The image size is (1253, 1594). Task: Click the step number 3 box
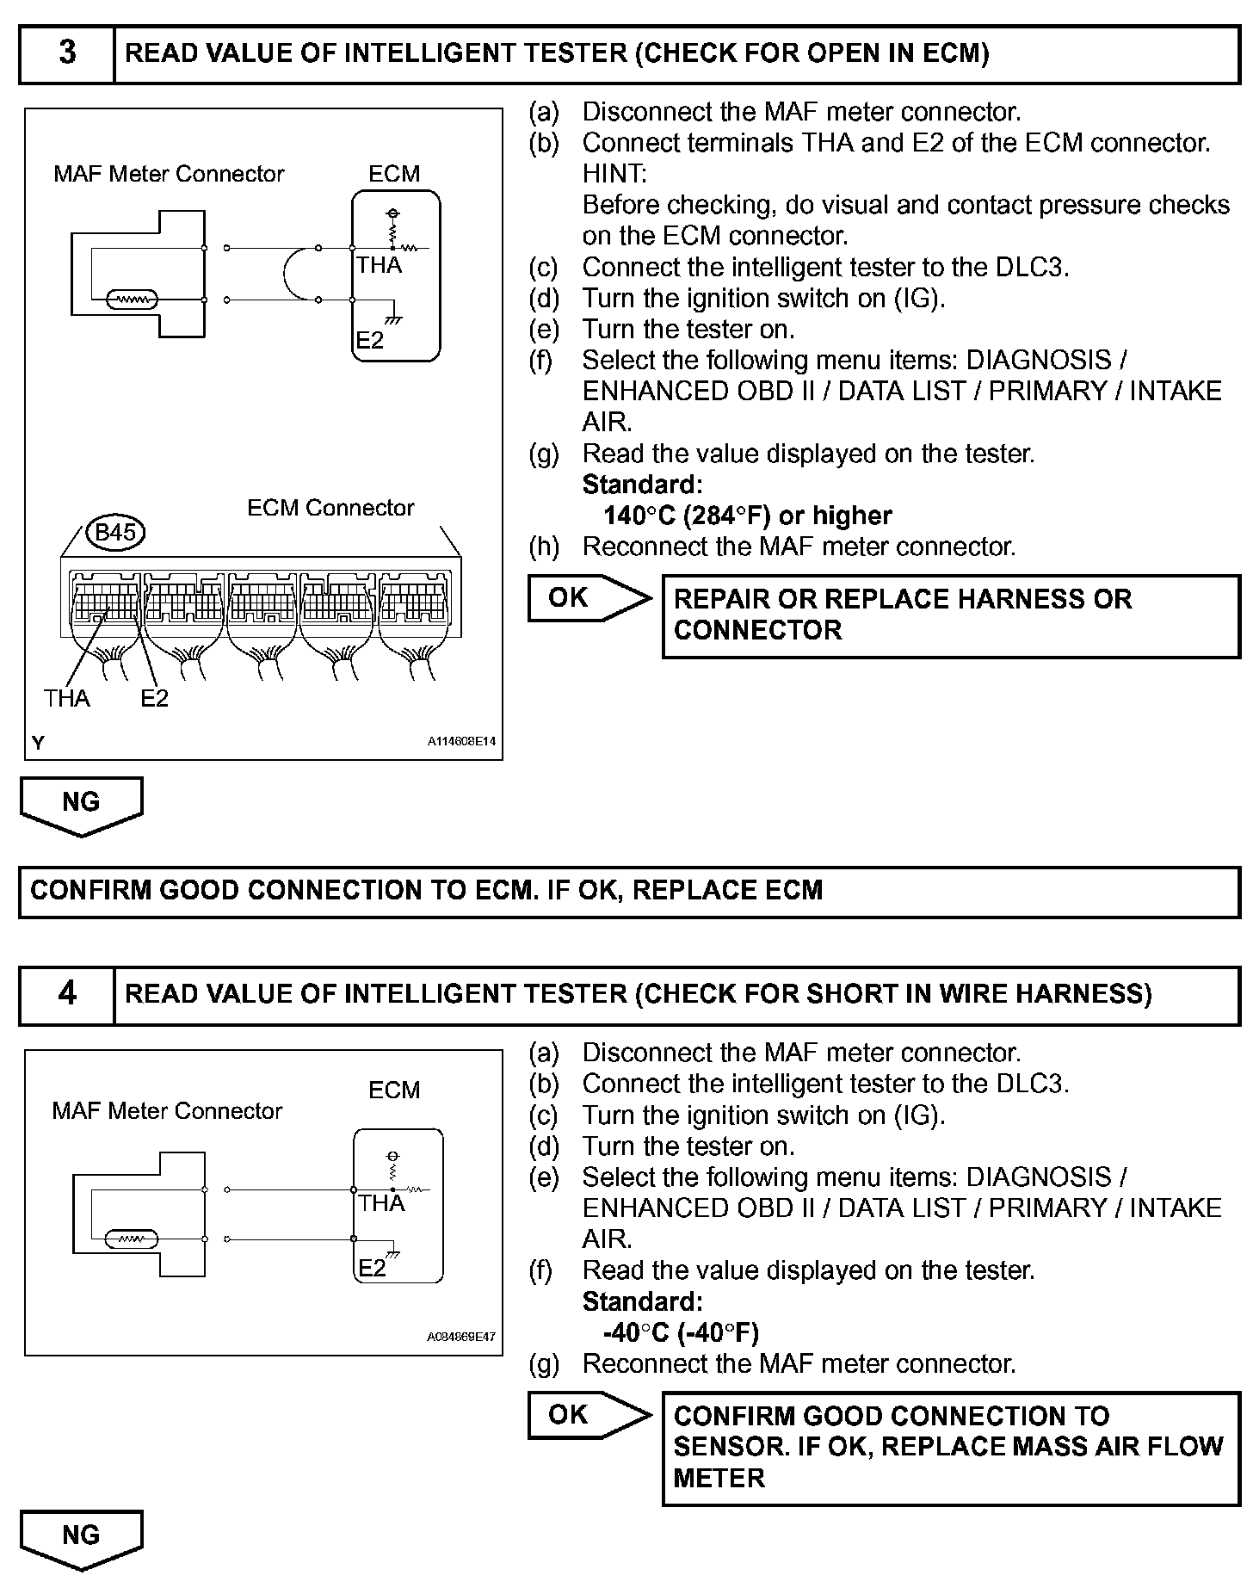[67, 53]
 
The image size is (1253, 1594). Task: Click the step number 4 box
[67, 994]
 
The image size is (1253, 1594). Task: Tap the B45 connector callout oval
[115, 533]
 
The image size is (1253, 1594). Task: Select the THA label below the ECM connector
[67, 698]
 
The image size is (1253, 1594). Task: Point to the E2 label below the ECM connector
[155, 698]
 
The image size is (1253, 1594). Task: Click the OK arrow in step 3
[589, 597]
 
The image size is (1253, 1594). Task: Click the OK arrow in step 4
[589, 1414]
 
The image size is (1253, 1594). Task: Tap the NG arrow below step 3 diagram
[81, 805]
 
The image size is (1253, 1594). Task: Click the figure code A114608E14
[461, 741]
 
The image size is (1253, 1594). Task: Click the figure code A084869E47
[461, 1338]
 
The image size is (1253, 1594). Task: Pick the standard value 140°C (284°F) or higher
[747, 516]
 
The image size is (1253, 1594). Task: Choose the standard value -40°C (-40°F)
[681, 1332]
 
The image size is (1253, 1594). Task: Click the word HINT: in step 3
[614, 174]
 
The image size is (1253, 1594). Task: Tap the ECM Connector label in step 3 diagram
[330, 508]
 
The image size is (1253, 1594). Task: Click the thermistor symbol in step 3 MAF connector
[132, 300]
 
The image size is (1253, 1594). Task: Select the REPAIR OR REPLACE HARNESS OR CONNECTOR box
[950, 615]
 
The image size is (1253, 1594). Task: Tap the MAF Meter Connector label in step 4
[167, 1111]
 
